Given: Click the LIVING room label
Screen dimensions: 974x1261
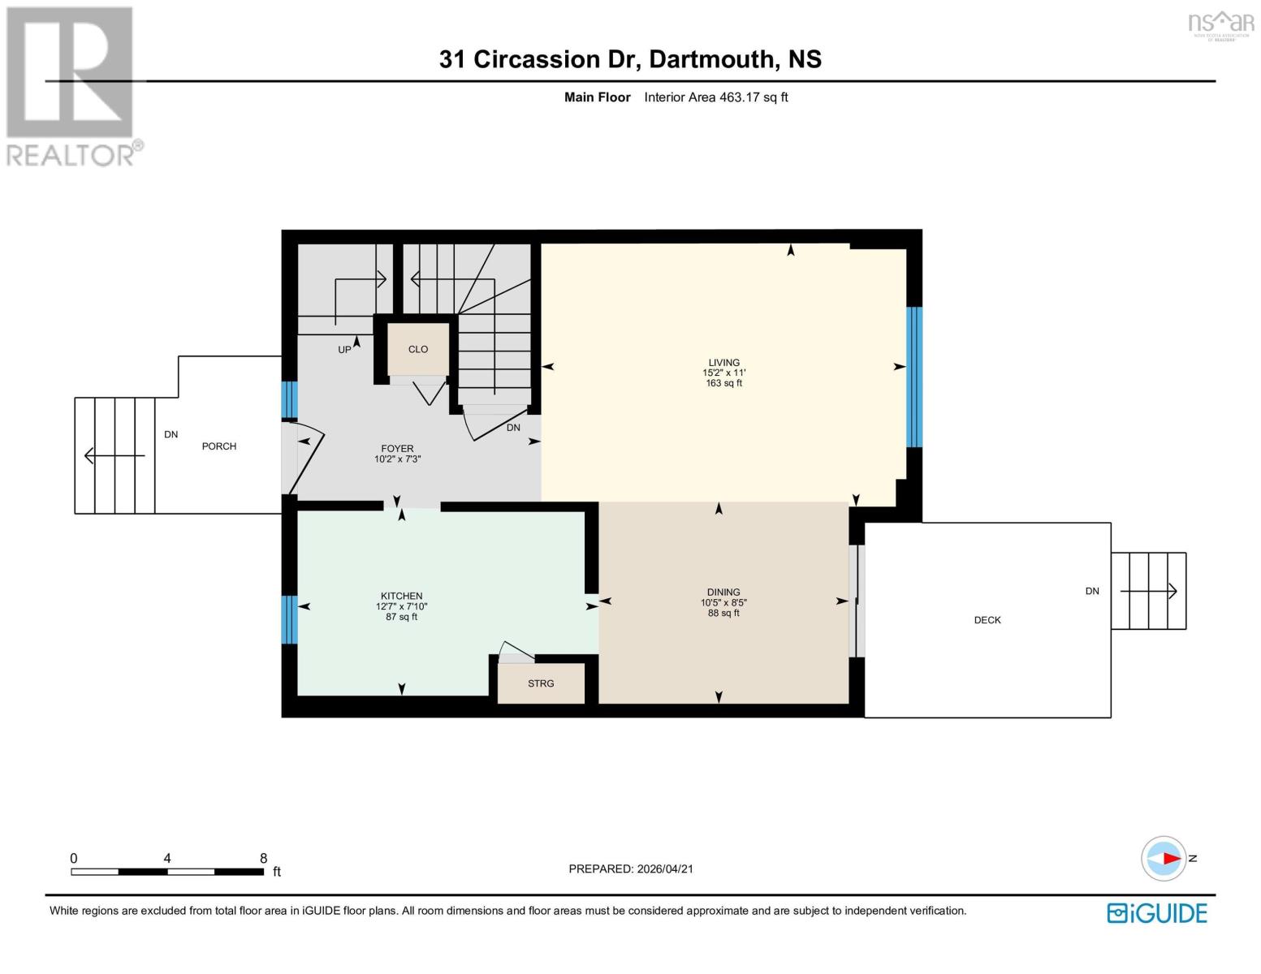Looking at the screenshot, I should coord(723,363).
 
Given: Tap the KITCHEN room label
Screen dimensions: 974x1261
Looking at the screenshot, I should coord(401,596).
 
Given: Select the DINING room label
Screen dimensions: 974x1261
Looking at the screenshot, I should coord(723,593).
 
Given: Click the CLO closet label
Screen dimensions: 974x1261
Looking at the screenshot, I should coord(417,350).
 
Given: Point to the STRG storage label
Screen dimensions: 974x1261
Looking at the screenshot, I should coord(540,683).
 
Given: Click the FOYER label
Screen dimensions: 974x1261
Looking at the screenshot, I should coord(397,449).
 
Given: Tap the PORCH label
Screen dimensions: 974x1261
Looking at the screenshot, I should coord(219,446).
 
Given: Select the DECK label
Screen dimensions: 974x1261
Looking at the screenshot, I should coord(987,620).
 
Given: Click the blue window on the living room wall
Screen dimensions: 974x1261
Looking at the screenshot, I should coord(913,377).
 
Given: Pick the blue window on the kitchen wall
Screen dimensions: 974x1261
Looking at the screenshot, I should coord(290,619).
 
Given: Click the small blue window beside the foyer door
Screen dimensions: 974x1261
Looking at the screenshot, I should coord(290,399).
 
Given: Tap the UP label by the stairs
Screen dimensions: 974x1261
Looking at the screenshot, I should coord(344,350).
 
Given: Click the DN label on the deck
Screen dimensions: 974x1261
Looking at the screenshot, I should coord(1091,591).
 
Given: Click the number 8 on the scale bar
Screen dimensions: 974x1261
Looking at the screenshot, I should coord(263,858).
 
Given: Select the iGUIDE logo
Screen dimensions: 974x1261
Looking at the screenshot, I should coord(1156,913).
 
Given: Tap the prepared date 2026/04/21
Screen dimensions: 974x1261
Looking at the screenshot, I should coord(665,868).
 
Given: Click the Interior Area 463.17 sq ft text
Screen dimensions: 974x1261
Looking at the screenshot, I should coord(715,97).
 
